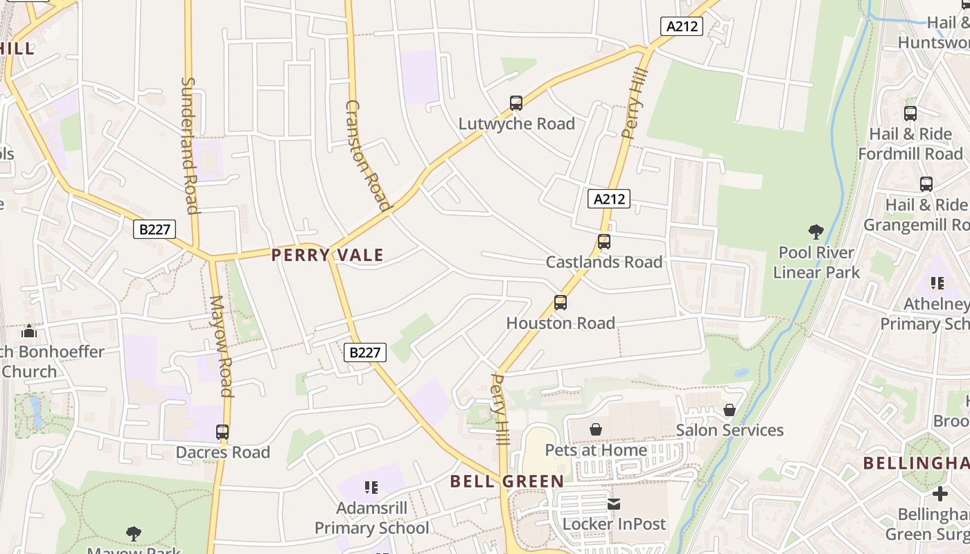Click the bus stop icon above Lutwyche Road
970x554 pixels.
[x=516, y=103]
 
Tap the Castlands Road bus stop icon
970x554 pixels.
[x=604, y=242]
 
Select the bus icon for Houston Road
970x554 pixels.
[x=561, y=303]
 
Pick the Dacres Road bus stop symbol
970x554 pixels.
[x=222, y=432]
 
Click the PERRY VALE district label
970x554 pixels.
[x=327, y=255]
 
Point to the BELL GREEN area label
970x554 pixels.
[x=507, y=481]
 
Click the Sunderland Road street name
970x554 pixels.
[x=189, y=145]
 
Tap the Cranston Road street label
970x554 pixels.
[x=368, y=154]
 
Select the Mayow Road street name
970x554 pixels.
[x=221, y=346]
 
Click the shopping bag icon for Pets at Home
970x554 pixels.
[x=596, y=430]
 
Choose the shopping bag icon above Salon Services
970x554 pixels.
[x=730, y=410]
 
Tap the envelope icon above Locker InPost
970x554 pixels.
[x=614, y=504]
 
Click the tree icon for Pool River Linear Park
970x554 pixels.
[x=816, y=232]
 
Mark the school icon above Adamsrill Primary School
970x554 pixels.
[x=371, y=488]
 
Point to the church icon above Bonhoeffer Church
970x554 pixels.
[x=29, y=332]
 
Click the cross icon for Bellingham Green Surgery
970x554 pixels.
[x=940, y=494]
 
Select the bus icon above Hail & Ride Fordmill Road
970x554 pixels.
[x=910, y=114]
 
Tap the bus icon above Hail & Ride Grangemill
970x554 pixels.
[x=926, y=184]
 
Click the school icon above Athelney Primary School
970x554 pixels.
[x=937, y=283]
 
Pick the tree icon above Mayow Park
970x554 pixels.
[x=134, y=533]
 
